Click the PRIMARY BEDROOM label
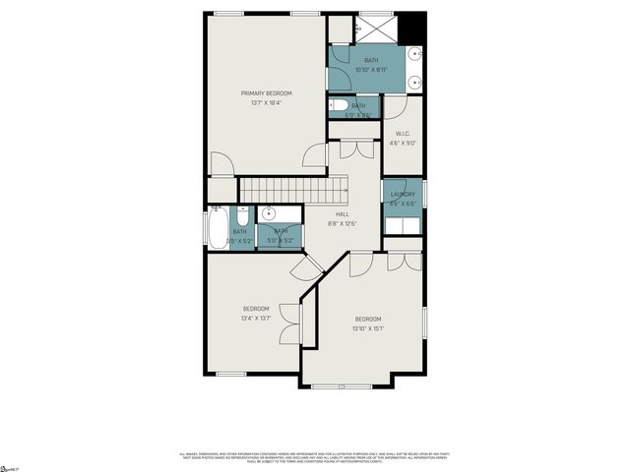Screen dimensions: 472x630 265,93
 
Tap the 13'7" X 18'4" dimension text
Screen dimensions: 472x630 265,102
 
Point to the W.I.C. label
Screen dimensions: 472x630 403,134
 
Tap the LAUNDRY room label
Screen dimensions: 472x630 403,195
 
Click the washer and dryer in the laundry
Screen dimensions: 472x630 403,225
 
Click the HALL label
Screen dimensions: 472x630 343,214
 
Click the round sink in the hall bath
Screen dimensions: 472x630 269,214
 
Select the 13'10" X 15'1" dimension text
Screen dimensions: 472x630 368,327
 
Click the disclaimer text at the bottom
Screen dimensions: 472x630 314,457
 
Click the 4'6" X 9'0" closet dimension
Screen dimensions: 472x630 403,144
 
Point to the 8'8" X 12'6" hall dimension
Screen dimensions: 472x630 343,223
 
